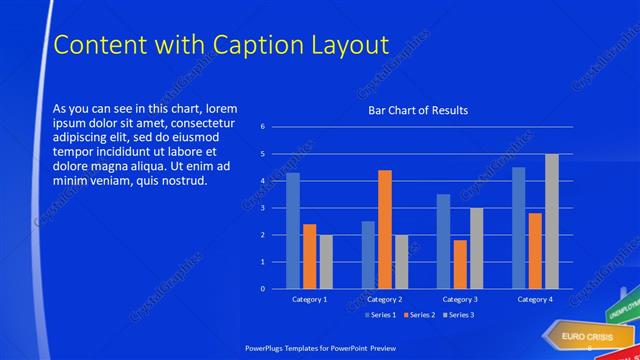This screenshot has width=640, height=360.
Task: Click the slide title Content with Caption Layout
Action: [x=220, y=45]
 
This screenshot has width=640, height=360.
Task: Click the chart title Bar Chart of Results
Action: [x=417, y=110]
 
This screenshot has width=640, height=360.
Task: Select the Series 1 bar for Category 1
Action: [x=293, y=231]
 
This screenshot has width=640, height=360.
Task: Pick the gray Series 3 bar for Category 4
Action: [x=551, y=221]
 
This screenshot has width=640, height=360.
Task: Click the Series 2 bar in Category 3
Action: [x=460, y=264]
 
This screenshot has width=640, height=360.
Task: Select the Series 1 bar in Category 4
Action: [x=518, y=228]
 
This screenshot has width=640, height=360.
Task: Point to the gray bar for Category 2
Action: [x=401, y=262]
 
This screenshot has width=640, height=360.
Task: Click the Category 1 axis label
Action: [x=309, y=299]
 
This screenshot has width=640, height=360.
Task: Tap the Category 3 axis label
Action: [x=459, y=299]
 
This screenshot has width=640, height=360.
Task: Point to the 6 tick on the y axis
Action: [x=262, y=127]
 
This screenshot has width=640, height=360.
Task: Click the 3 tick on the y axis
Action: [x=262, y=208]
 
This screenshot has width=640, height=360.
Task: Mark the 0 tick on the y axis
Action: [x=262, y=289]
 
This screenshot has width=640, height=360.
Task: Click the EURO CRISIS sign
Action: [x=579, y=337]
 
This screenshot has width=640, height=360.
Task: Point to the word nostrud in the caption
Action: [x=180, y=181]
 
